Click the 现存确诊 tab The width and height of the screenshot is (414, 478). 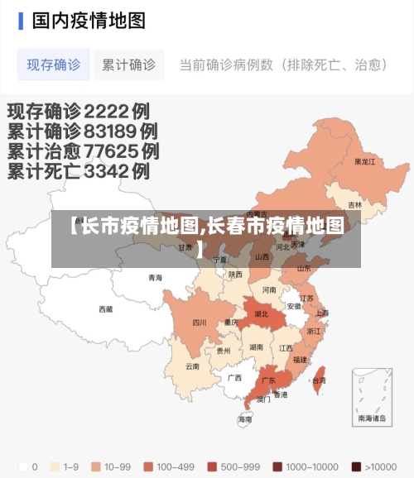[53, 65]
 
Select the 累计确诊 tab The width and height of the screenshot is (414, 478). [128, 65]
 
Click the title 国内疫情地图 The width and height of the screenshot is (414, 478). [89, 20]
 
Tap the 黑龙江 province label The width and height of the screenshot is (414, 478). [364, 162]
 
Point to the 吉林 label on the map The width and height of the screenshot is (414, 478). [354, 205]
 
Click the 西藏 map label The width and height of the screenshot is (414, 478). [106, 309]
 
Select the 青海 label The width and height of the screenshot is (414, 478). [156, 278]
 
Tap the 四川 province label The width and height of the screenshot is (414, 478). [200, 323]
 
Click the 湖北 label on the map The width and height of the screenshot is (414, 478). [261, 314]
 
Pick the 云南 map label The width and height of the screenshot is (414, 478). [192, 366]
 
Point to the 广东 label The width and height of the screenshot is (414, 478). [268, 380]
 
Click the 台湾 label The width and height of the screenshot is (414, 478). [319, 380]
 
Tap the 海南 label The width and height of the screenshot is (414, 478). [245, 419]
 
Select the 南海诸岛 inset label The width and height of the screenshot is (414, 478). [372, 418]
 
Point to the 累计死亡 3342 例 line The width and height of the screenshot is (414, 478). [79, 172]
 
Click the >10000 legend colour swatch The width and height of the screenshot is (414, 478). [355, 466]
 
